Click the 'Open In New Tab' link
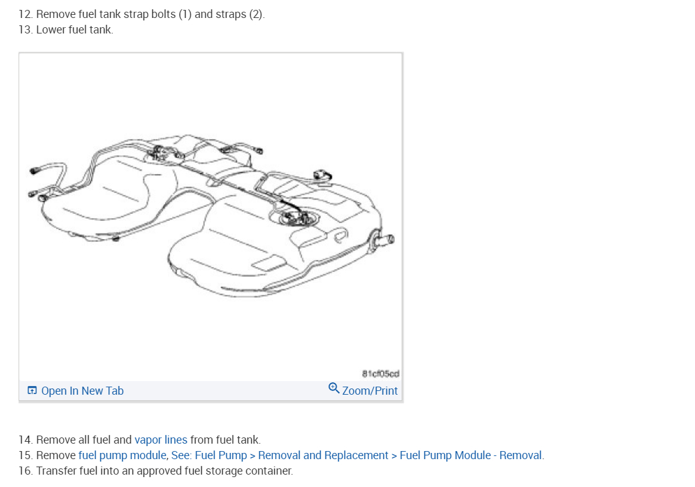pos(82,391)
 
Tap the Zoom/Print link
pos(369,391)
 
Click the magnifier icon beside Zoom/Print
pos(334,388)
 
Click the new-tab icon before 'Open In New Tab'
pos(32,390)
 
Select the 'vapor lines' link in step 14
pos(160,440)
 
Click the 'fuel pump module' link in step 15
pos(123,455)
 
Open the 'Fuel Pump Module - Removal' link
pos(471,455)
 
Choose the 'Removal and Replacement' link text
pos(323,455)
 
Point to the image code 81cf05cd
pos(380,374)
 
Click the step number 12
pos(25,14)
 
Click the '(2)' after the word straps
pos(256,14)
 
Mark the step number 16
pos(25,471)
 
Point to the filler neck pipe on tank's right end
pos(384,239)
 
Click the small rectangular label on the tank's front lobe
pos(269,265)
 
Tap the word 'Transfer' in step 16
pos(56,471)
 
